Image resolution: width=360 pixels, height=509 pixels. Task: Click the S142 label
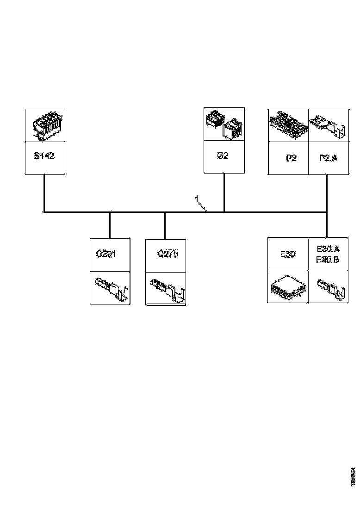44,156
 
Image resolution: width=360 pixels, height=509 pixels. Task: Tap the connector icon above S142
45,126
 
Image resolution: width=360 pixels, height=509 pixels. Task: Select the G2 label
223,156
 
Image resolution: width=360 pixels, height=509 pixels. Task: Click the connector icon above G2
223,124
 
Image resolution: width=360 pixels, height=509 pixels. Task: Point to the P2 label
291,158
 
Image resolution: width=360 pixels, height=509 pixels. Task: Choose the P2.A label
329,158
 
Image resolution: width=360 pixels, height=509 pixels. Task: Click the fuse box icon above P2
288,124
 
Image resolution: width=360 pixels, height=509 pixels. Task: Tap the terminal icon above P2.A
329,126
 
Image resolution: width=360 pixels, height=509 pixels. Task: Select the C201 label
106,254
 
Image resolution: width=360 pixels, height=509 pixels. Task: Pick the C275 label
168,254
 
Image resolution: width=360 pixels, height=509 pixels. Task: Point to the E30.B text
328,260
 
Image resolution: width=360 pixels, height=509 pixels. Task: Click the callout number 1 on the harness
197,199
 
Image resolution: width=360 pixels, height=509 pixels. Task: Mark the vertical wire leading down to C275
165,225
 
